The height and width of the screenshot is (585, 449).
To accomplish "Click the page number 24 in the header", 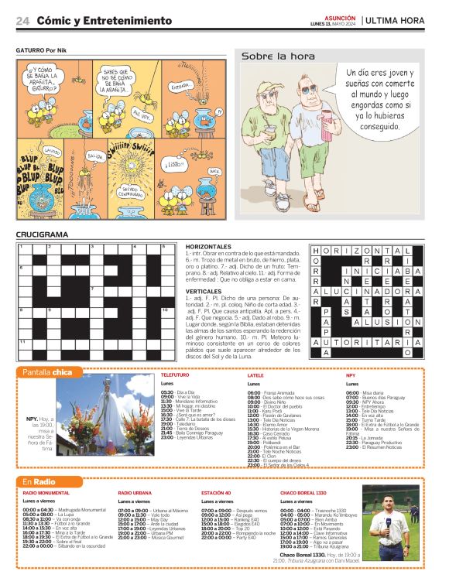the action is [x=22, y=20].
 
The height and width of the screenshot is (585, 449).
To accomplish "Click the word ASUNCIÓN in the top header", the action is [x=340, y=16].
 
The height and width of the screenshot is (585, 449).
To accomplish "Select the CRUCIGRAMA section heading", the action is [x=43, y=234].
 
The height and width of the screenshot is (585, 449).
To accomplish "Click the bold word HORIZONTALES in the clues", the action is [x=209, y=246].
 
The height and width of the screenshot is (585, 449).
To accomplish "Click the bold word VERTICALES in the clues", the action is [x=205, y=290].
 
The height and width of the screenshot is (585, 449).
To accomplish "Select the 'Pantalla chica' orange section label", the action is [x=48, y=372].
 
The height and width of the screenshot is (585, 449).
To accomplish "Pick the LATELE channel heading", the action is [x=255, y=375].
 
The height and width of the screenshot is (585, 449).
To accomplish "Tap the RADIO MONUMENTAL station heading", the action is [x=46, y=493].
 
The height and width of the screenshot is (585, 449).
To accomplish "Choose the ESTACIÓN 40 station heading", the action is [x=216, y=493].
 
